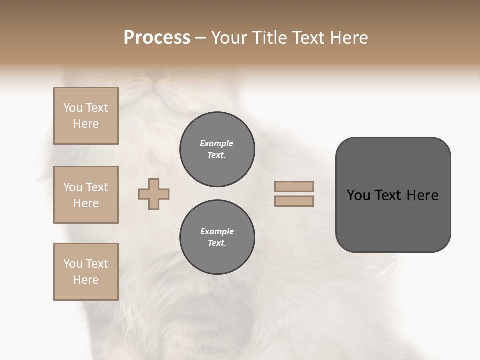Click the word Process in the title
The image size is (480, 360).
tap(157, 38)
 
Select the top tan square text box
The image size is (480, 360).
tap(86, 116)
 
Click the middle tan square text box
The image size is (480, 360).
tap(86, 195)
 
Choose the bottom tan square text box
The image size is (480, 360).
tap(86, 272)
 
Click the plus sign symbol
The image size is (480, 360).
tap(154, 194)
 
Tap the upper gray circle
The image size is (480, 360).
tap(217, 149)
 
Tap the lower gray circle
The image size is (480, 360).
tap(217, 237)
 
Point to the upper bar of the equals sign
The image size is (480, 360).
tap(294, 186)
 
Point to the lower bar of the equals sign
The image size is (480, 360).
tap(294, 201)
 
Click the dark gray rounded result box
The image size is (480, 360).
tap(393, 220)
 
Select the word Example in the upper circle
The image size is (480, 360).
tap(216, 143)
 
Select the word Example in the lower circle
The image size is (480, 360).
tap(217, 231)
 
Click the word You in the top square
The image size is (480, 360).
tap(73, 108)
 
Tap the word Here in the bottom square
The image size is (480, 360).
tap(86, 280)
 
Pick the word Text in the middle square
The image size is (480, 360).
tap(97, 187)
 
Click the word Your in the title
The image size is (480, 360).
tap(230, 38)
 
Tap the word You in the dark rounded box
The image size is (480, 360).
tap(358, 195)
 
